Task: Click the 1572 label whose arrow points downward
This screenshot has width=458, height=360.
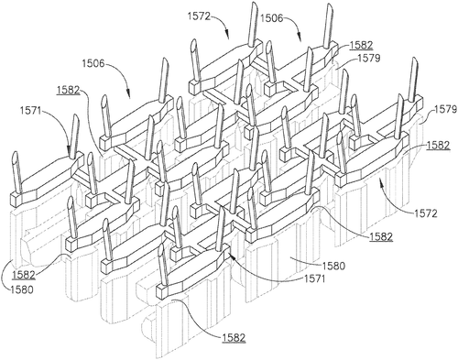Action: (x=199, y=16)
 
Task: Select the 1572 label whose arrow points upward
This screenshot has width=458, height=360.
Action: (x=426, y=213)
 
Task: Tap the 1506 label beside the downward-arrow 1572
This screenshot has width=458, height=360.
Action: (x=272, y=18)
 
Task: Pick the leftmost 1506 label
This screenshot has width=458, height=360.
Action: (x=93, y=63)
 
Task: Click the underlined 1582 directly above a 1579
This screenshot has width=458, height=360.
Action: (x=361, y=45)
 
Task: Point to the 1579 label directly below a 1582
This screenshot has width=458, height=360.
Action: (x=369, y=58)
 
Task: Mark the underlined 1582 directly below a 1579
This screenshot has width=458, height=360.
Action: (x=439, y=146)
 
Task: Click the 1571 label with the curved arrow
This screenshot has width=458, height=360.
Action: (x=32, y=110)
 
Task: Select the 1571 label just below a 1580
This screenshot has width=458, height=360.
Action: (x=314, y=278)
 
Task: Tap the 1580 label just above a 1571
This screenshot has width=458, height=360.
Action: (x=333, y=266)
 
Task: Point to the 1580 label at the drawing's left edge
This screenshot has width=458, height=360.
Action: (x=21, y=289)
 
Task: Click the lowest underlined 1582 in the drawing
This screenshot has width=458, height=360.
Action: (x=234, y=337)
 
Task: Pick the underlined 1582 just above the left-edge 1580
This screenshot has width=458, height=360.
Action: (x=24, y=275)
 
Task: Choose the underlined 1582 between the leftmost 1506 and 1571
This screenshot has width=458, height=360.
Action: (x=68, y=91)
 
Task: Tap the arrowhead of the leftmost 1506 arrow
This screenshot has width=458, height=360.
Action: (x=129, y=94)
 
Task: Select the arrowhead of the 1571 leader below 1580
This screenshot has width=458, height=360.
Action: (x=232, y=256)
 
